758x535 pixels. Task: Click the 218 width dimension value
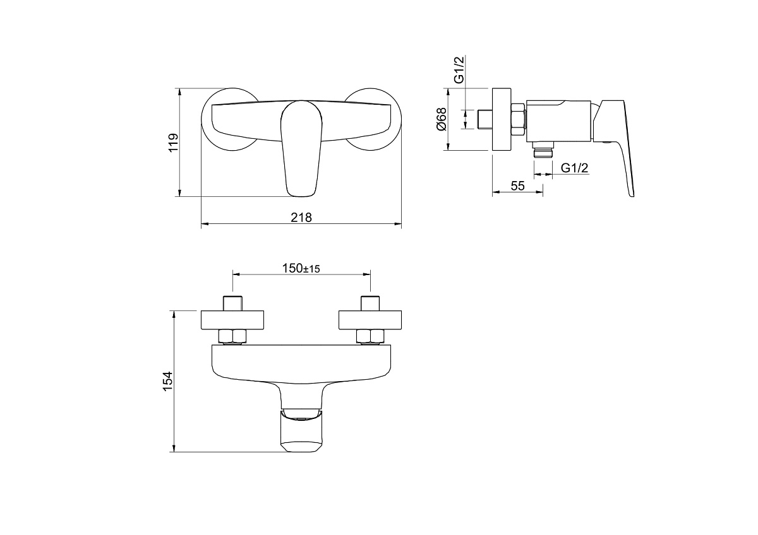point(301,217)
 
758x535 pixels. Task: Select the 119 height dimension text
point(173,143)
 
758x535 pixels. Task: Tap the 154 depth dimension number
point(168,381)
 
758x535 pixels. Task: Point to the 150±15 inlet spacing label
point(301,268)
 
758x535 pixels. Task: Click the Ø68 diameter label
point(442,119)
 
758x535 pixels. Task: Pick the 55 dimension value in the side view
point(517,185)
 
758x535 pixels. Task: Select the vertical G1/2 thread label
point(459,69)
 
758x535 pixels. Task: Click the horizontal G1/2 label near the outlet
point(574,168)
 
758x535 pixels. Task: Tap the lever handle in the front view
point(301,148)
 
